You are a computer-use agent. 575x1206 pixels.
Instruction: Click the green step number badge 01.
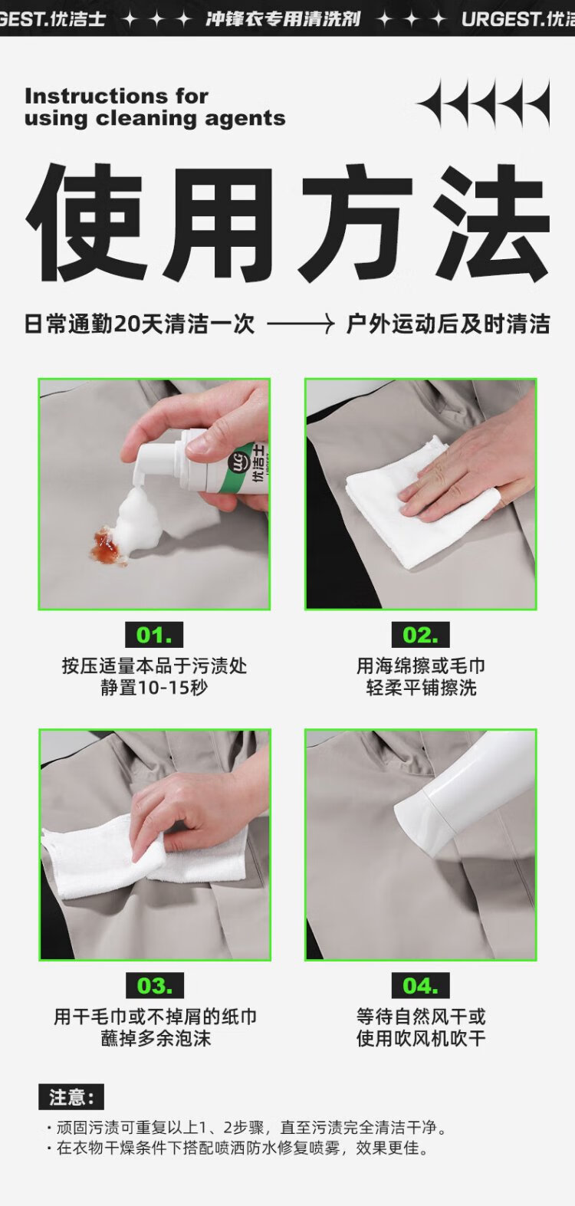(154, 635)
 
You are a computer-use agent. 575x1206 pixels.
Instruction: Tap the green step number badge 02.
(420, 635)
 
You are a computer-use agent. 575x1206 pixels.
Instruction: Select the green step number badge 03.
(155, 985)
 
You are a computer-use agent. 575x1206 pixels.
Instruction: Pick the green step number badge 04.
(420, 985)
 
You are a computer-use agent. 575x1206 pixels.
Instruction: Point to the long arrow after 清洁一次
(301, 324)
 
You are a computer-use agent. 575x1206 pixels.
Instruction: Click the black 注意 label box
(71, 1096)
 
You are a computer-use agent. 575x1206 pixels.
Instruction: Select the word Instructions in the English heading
(97, 97)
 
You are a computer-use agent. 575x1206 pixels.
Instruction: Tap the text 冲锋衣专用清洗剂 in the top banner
(283, 19)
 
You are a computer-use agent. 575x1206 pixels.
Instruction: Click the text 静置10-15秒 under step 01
(154, 688)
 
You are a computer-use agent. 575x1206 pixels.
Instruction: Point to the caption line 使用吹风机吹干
(420, 1039)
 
